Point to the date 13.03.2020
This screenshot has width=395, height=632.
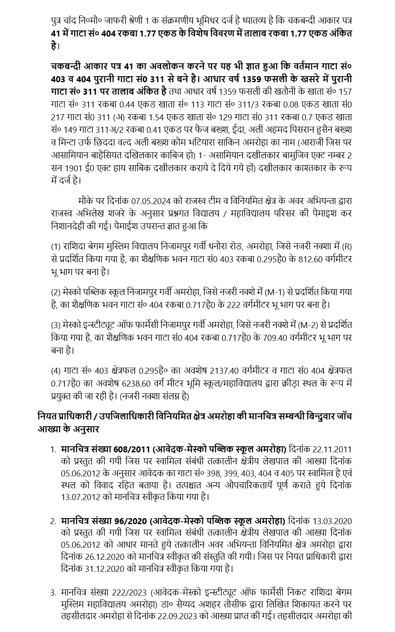pyautogui.click(x=332, y=521)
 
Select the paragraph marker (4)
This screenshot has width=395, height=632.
pyautogui.click(x=56, y=371)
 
